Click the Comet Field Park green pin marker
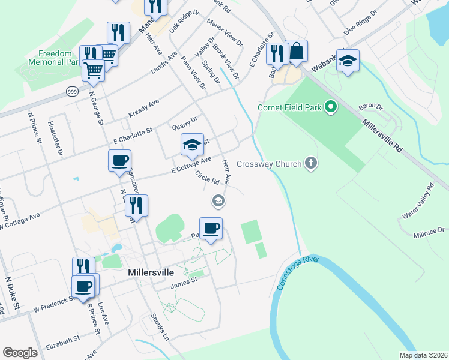pos(330,107)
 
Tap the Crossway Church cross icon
pos(310,163)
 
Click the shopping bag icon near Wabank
pos(297,52)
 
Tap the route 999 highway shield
pos(72,91)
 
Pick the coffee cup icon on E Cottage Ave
pos(119,160)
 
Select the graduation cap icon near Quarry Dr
pos(192,145)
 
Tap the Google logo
pos(20,352)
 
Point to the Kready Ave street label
pos(144,109)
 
